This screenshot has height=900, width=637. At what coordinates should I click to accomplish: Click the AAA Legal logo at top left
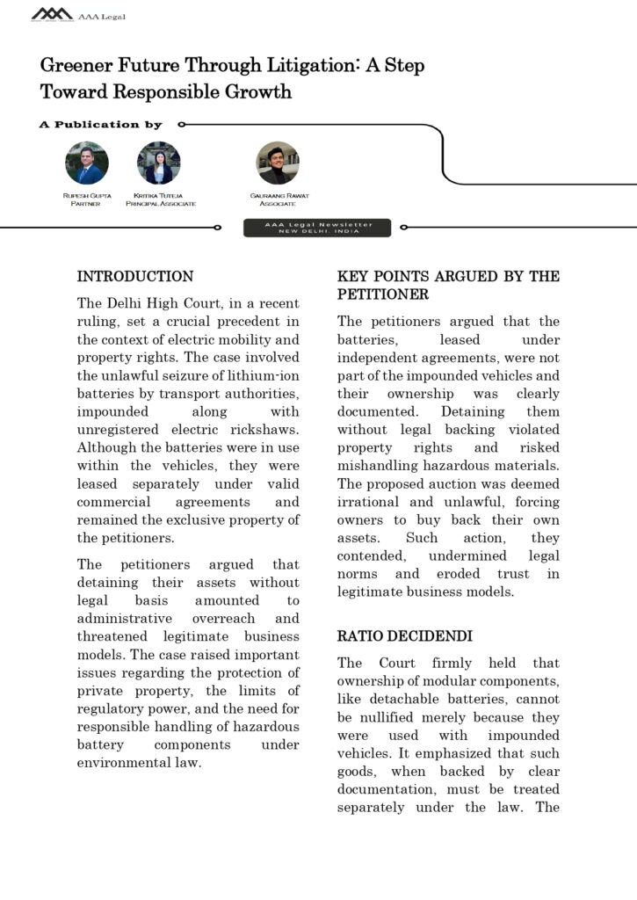[x=53, y=14]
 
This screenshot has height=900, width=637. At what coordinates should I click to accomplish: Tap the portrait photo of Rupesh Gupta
[x=87, y=163]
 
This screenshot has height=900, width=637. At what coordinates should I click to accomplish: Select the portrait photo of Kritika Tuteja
[x=159, y=163]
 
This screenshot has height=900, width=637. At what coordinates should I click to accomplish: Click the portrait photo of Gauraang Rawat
[x=278, y=163]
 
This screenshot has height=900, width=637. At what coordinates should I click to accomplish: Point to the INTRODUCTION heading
[x=135, y=277]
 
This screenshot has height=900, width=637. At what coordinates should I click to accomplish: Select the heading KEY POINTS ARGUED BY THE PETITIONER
[x=448, y=286]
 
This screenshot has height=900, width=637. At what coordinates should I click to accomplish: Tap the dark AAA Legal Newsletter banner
[x=318, y=228]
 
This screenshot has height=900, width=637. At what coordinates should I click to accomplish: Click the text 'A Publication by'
[x=101, y=125]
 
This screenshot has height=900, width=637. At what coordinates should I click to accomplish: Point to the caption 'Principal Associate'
[x=160, y=204]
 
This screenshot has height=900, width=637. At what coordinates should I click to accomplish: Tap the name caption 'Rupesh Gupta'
[x=87, y=195]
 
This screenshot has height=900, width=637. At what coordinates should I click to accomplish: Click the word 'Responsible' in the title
[x=163, y=91]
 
